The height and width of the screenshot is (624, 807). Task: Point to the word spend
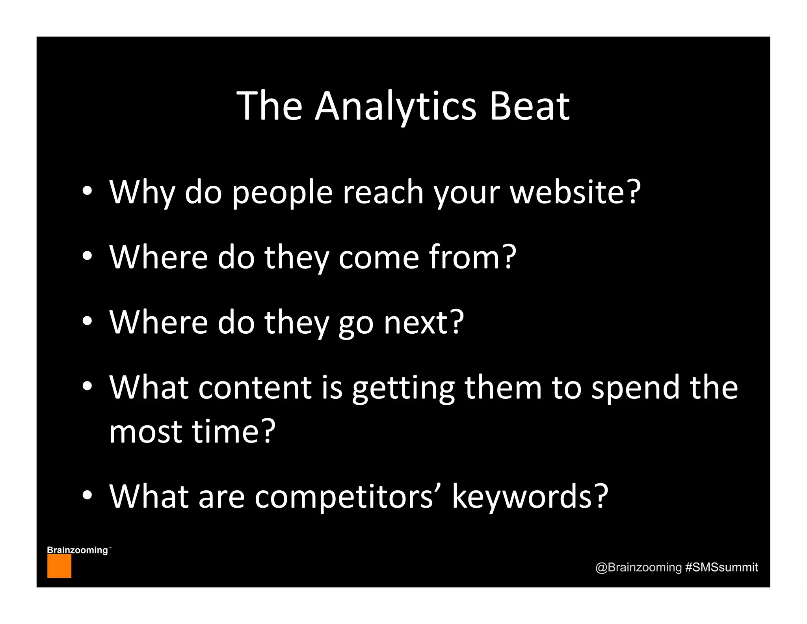tap(636, 388)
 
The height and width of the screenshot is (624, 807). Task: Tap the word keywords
tap(522, 496)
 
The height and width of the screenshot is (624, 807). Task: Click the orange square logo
tap(59, 566)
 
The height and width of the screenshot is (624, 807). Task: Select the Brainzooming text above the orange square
tap(78, 550)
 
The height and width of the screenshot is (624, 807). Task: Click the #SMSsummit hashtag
tap(721, 567)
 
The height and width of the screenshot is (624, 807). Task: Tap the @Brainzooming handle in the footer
tap(638, 567)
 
